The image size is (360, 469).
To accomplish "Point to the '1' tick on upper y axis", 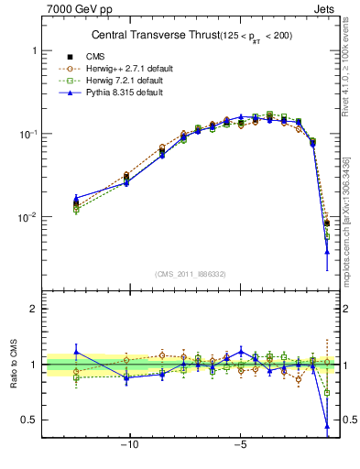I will pyautogui.click(x=33, y=51).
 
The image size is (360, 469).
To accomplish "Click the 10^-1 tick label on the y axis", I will pyautogui.click(x=27, y=134).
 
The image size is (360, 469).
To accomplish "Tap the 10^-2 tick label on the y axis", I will pyautogui.click(x=27, y=217).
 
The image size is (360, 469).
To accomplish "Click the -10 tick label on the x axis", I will pyautogui.click(x=130, y=448).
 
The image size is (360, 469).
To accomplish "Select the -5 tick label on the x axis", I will pyautogui.click(x=241, y=448).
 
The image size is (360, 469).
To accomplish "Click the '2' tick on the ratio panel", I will pyautogui.click(x=33, y=309).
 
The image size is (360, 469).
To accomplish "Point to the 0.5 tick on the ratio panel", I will pyautogui.click(x=29, y=420).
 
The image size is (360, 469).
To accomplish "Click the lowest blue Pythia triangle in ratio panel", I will pyautogui.click(x=327, y=426).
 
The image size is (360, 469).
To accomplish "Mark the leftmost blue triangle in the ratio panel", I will pyautogui.click(x=76, y=351).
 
